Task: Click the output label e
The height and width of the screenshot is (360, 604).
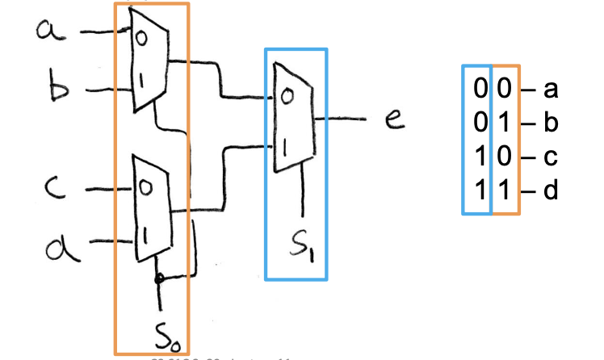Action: coord(394,122)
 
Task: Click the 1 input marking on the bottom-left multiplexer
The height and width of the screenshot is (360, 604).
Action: coord(146,235)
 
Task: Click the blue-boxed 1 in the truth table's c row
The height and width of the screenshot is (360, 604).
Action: coord(479,157)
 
